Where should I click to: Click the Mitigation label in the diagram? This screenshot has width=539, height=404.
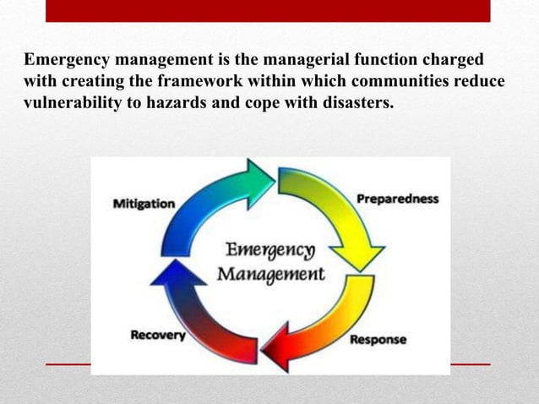(x=144, y=204)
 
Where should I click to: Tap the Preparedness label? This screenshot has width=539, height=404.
(x=397, y=199)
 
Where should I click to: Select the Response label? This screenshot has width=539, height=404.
(x=377, y=340)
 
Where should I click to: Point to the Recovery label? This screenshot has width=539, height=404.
(x=158, y=336)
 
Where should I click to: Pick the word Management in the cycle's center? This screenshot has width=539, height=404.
(x=270, y=274)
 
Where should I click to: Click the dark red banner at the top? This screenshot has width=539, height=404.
(x=267, y=10)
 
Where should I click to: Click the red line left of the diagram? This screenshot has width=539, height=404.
(x=68, y=364)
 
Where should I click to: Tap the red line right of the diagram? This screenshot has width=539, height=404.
(x=470, y=364)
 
